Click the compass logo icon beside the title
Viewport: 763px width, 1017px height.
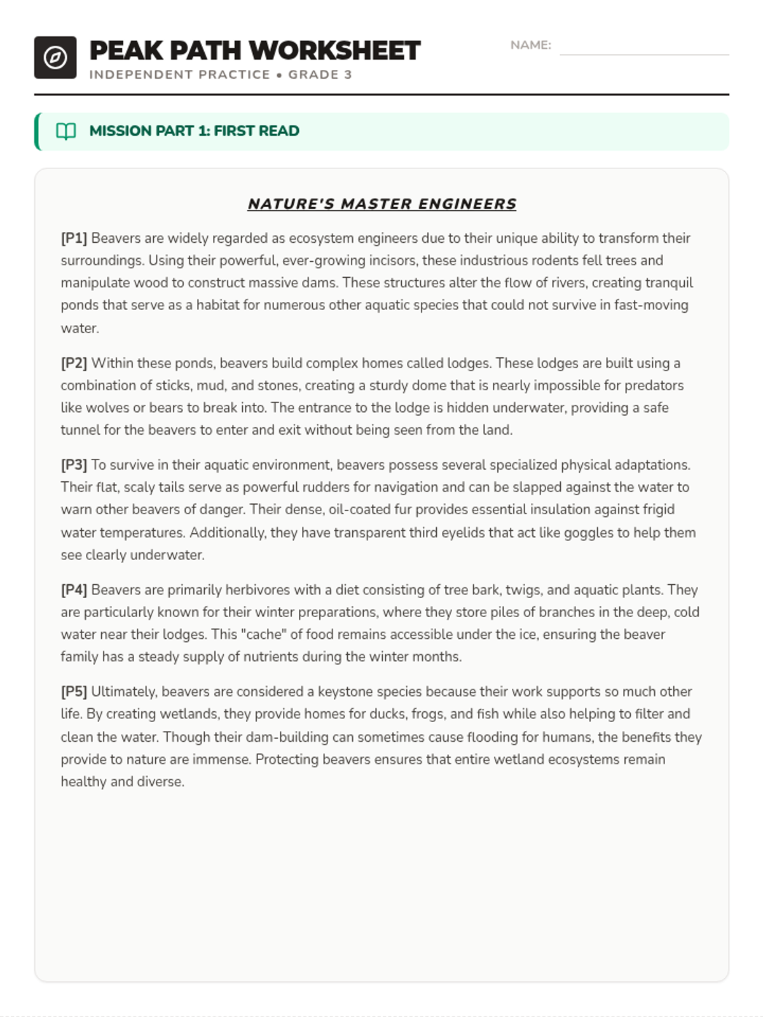pyautogui.click(x=55, y=58)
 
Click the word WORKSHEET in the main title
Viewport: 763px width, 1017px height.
pyautogui.click(x=334, y=51)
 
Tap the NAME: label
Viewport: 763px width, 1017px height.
pyautogui.click(x=530, y=45)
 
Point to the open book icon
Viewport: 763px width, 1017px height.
pyautogui.click(x=66, y=131)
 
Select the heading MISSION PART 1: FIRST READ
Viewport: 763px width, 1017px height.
pyautogui.click(x=194, y=131)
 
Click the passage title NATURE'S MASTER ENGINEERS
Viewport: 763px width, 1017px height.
pyautogui.click(x=381, y=204)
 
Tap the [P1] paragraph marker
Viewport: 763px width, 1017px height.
pyautogui.click(x=74, y=238)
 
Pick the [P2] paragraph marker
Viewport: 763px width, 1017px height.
pyautogui.click(x=74, y=363)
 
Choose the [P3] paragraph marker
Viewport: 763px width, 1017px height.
pyautogui.click(x=74, y=465)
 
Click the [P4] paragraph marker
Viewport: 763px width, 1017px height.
pyautogui.click(x=74, y=590)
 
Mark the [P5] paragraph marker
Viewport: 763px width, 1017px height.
pyautogui.click(x=74, y=692)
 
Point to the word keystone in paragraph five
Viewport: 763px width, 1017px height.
pyautogui.click(x=344, y=692)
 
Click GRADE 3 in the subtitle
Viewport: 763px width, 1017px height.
pyautogui.click(x=320, y=74)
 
